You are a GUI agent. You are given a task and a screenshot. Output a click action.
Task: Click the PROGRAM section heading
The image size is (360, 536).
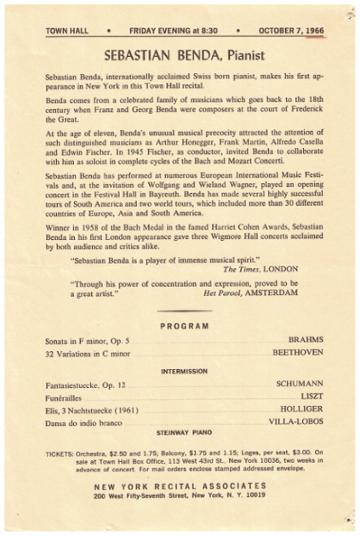[x=184, y=325]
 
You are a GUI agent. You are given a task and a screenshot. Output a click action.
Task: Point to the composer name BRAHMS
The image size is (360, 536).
[x=305, y=339]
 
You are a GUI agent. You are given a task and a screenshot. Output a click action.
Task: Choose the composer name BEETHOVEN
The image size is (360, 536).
[x=298, y=351]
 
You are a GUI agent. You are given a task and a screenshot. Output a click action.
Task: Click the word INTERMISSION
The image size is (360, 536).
[x=184, y=372]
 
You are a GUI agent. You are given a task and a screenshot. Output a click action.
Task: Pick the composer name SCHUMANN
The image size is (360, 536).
[x=299, y=385]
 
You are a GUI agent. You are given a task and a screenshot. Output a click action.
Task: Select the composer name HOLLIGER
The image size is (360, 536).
[x=300, y=408]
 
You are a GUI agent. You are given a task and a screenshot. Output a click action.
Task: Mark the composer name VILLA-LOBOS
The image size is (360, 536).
[x=294, y=421]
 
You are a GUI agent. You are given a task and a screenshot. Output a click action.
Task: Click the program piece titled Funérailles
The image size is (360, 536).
[x=66, y=396]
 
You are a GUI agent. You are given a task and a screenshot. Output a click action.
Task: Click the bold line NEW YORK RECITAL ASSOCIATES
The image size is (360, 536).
[x=180, y=486]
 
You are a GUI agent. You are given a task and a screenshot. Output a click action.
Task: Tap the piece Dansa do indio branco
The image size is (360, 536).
[x=85, y=421]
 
